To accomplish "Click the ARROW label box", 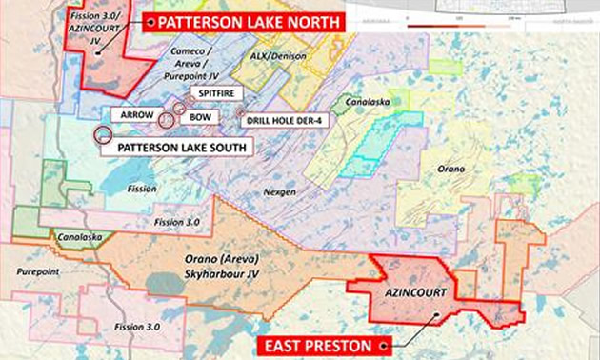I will pos(130,115).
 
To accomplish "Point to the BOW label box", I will pos(199,116).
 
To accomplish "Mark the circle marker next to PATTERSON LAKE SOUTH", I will pos(101,135).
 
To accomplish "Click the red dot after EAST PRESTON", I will pos(383,344).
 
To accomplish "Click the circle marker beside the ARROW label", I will pos(166,119).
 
